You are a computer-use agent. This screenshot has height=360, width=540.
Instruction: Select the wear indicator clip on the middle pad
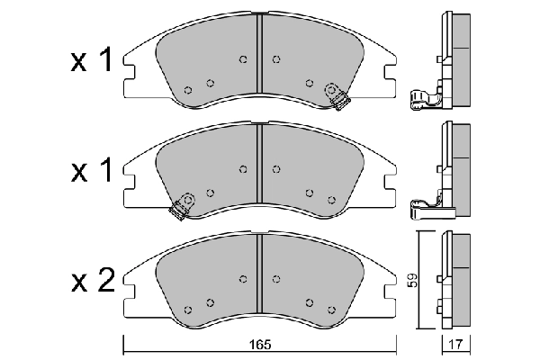pyautogui.click(x=183, y=206)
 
